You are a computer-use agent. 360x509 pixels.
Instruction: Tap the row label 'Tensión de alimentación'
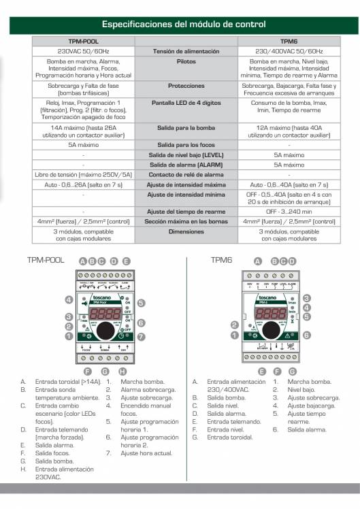click(186, 51)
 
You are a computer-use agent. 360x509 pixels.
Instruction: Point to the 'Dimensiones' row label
click(186, 231)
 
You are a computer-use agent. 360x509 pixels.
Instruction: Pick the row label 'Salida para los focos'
click(186, 146)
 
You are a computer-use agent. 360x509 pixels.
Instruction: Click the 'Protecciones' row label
click(186, 86)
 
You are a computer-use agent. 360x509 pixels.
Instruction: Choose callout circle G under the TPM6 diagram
click(293, 372)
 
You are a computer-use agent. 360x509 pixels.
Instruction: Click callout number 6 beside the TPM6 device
click(307, 335)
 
